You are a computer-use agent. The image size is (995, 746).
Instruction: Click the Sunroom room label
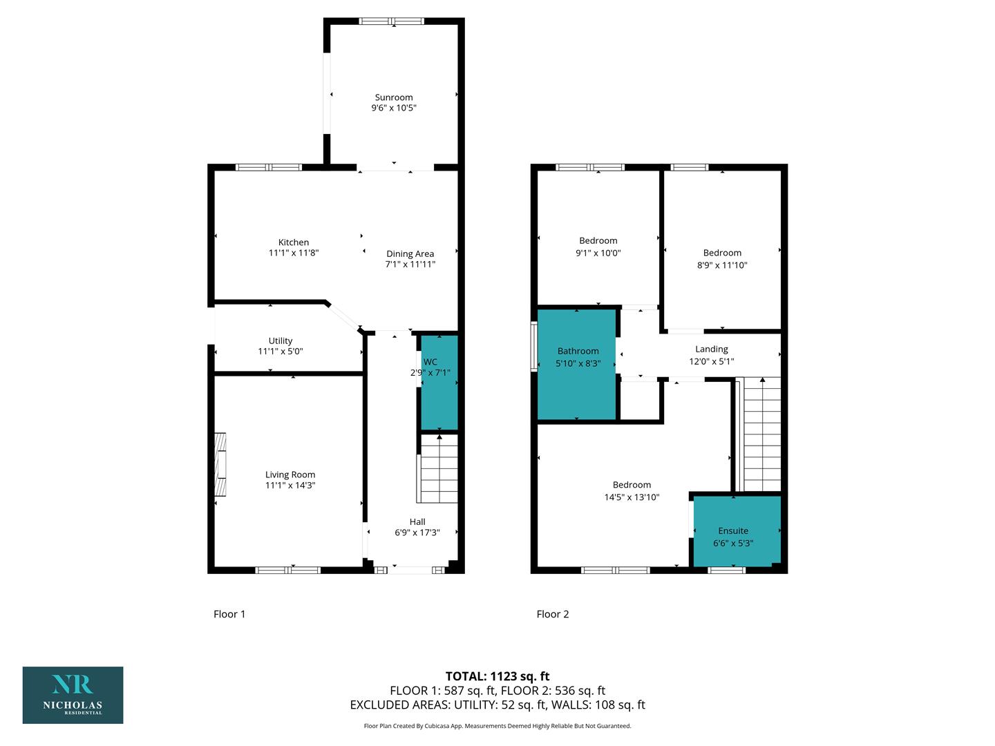[393, 97]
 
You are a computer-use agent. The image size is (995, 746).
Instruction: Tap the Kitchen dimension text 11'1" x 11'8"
[293, 253]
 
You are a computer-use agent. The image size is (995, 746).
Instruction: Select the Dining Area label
[410, 254]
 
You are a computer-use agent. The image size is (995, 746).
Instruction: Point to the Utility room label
[280, 341]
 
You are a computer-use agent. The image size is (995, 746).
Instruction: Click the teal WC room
[439, 383]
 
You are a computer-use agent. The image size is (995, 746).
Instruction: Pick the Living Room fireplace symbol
[220, 464]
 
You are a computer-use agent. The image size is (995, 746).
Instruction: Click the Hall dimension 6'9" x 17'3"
[417, 533]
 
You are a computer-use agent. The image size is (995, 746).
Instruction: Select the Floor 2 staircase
[760, 434]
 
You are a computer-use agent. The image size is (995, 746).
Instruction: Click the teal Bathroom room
[576, 365]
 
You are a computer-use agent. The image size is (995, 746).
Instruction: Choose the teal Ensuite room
[737, 531]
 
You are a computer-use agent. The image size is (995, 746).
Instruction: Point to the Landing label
[711, 350]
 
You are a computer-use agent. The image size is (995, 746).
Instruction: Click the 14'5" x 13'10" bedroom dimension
[632, 497]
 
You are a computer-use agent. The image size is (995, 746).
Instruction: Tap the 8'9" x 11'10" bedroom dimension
[721, 265]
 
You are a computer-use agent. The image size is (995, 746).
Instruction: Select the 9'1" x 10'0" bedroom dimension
[598, 253]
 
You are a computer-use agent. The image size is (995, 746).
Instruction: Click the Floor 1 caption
[229, 614]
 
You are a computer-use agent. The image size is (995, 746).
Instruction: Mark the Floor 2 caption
[552, 614]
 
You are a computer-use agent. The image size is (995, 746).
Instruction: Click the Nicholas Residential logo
[73, 695]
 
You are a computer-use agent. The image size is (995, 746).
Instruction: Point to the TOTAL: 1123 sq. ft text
[497, 676]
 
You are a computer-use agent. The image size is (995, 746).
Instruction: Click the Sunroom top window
[392, 21]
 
